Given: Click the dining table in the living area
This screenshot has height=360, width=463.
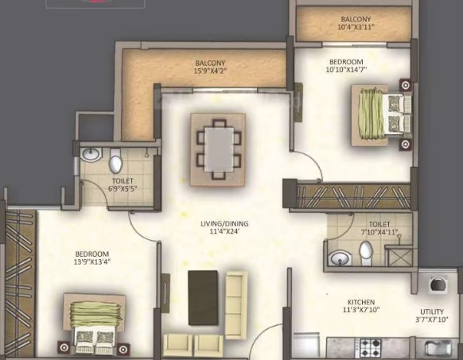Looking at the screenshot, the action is pyautogui.click(x=219, y=149).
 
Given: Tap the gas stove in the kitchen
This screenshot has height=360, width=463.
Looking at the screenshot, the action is pyautogui.click(x=368, y=348).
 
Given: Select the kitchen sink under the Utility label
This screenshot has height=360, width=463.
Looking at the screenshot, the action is pyautogui.click(x=438, y=347).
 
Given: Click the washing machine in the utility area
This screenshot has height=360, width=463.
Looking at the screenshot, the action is pyautogui.click(x=438, y=285).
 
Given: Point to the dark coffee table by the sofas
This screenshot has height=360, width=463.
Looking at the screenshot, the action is pyautogui.click(x=203, y=298).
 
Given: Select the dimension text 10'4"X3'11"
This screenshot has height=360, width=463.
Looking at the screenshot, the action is pyautogui.click(x=356, y=27).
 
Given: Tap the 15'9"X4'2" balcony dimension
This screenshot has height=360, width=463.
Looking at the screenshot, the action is pyautogui.click(x=210, y=71).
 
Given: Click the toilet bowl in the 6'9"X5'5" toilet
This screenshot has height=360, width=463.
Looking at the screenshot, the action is pyautogui.click(x=115, y=161).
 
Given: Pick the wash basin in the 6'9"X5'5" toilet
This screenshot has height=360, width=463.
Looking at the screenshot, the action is pyautogui.click(x=91, y=154).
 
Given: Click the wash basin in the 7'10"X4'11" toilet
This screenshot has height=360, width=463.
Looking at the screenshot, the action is pyautogui.click(x=340, y=258).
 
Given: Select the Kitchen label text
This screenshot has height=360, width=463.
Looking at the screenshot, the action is pyautogui.click(x=361, y=302).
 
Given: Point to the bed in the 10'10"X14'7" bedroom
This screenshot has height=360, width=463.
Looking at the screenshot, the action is pyautogui.click(x=381, y=115).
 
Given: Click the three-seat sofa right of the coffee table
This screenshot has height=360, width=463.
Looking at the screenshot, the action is pyautogui.click(x=236, y=305).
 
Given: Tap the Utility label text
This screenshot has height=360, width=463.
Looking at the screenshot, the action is pyautogui.click(x=432, y=312).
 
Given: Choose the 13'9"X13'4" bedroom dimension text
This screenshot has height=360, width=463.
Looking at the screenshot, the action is pyautogui.click(x=92, y=261).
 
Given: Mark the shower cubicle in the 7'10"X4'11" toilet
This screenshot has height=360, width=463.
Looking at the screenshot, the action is pyautogui.click(x=399, y=255).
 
